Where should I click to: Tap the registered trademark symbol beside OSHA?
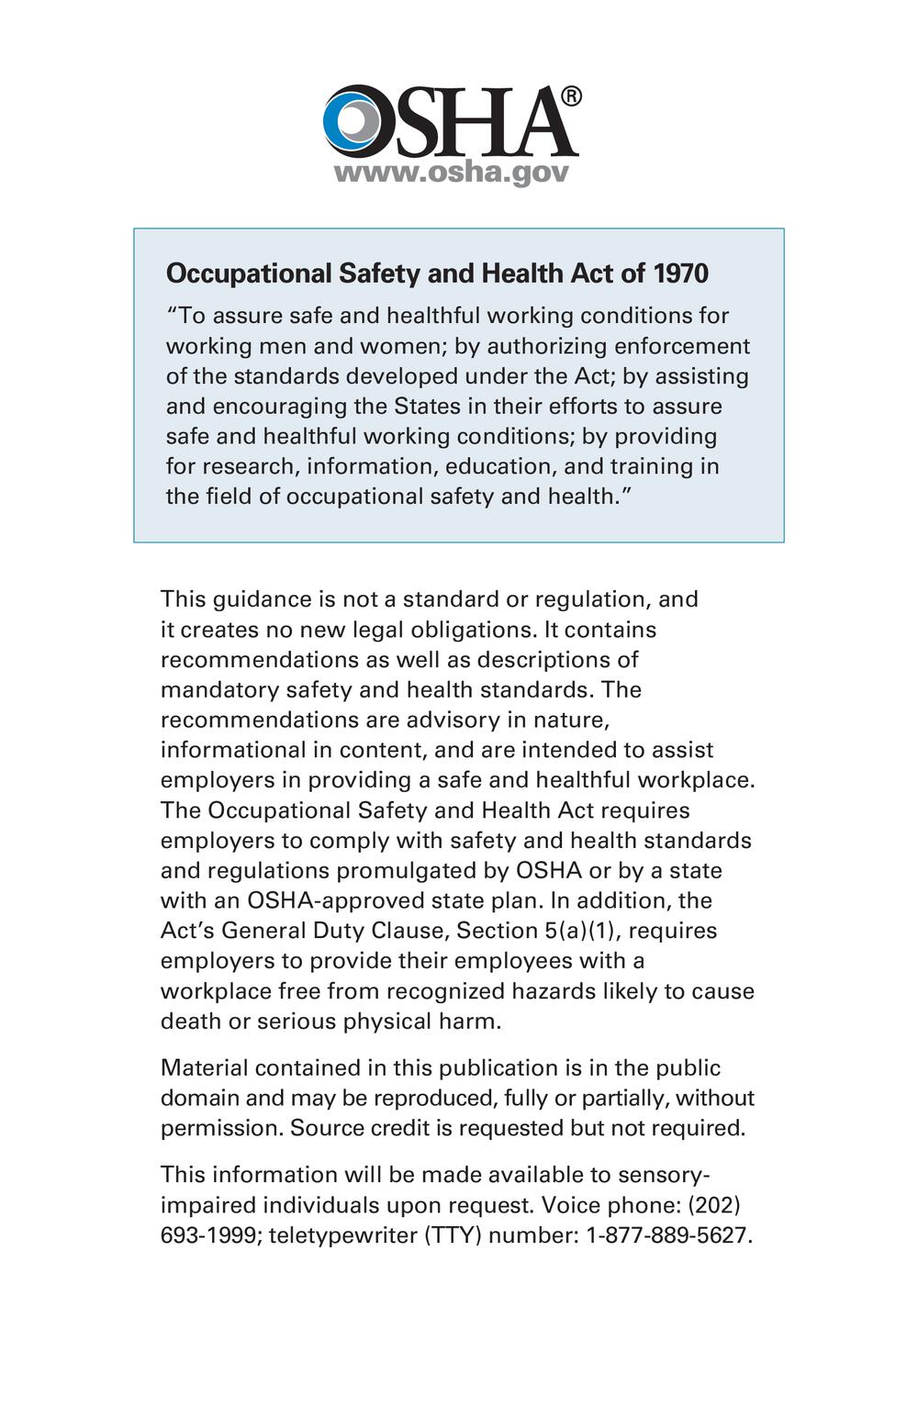click(x=570, y=96)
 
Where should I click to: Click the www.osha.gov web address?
click(x=451, y=172)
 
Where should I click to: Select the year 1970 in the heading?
click(x=680, y=274)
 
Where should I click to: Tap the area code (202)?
click(x=714, y=1205)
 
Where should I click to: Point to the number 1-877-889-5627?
click(x=669, y=1235)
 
